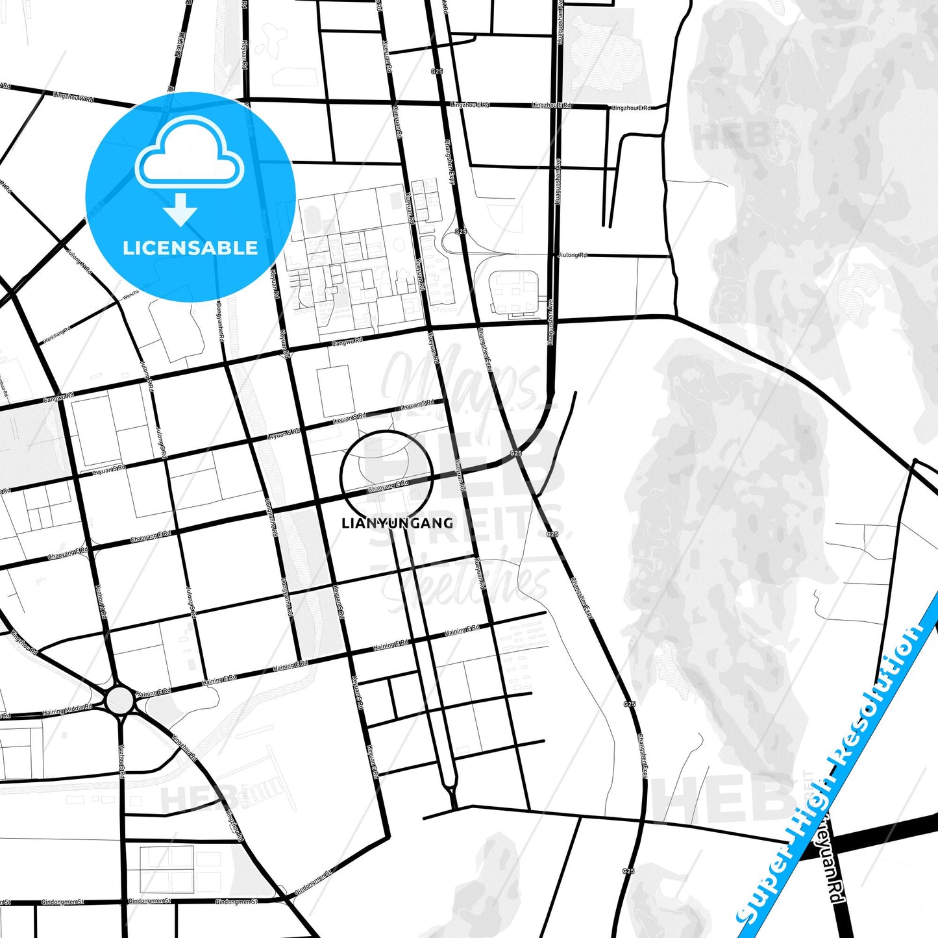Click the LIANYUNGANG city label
coord(397,523)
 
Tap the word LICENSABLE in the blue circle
coord(190,248)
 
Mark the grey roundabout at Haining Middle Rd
coord(120,700)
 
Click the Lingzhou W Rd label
coord(73,97)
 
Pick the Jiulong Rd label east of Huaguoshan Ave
coord(572,255)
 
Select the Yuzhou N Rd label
coord(102,600)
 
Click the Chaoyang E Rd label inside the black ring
coord(388,486)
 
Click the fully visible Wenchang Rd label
coord(56,336)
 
